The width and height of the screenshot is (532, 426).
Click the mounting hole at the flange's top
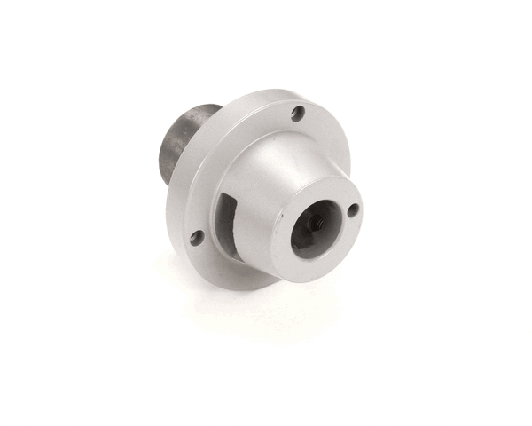[x=298, y=114]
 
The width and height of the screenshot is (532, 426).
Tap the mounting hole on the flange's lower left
[x=196, y=237]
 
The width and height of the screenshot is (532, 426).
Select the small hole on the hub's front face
[x=353, y=210]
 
